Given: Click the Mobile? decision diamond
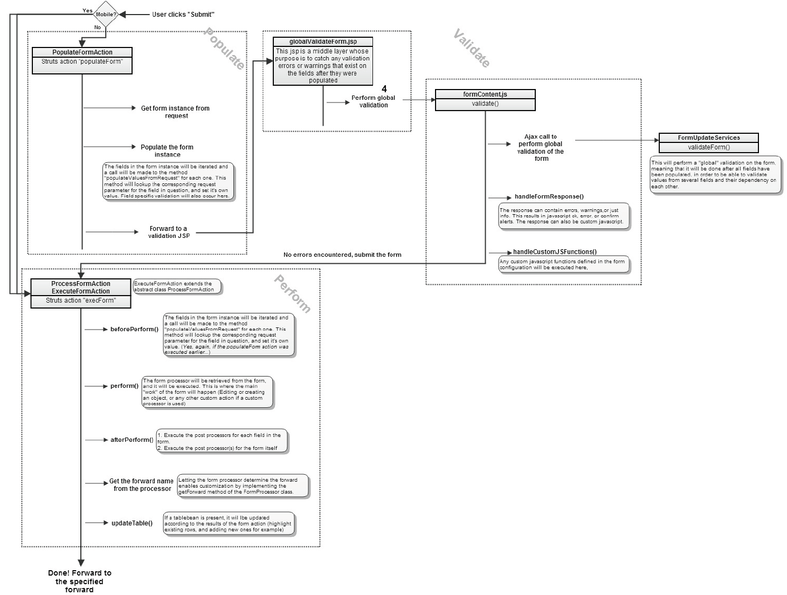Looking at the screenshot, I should coord(106,14).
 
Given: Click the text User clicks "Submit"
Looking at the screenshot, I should coord(183,15).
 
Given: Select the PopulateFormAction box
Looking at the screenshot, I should coord(82,60).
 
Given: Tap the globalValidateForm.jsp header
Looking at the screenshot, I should coord(323,42).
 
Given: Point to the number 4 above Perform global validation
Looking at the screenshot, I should coord(384,88).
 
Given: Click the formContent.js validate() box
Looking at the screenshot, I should coord(485,100).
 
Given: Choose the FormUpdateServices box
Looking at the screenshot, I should coord(708,143).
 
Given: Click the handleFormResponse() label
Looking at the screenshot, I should coord(549,197).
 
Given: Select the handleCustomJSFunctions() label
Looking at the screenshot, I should coord(555,252).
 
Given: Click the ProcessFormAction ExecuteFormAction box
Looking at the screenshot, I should coord(81,293).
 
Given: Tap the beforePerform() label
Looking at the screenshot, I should coord(134,329).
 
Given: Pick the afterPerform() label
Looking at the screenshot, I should coord(132,440).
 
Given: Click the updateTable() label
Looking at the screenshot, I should coord(132,523).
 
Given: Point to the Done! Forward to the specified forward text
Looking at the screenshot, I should coord(80,581).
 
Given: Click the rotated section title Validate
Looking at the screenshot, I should coord(472,49).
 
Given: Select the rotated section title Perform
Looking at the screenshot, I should coord(292,294).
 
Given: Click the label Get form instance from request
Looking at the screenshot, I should coord(175,112).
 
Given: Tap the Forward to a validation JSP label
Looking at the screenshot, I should coord(169,232).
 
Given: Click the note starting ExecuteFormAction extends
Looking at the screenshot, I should coord(177,286).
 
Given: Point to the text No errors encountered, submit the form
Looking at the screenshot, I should coord(342,255).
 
